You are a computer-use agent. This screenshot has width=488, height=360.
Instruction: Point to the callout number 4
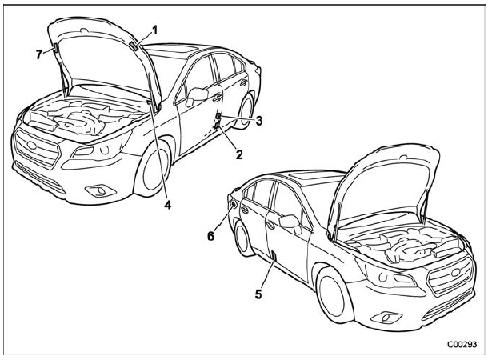pos(169,205)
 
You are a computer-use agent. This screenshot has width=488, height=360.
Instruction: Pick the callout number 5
pos(258,294)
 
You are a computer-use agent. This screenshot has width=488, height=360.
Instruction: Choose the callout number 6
pos(212,238)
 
